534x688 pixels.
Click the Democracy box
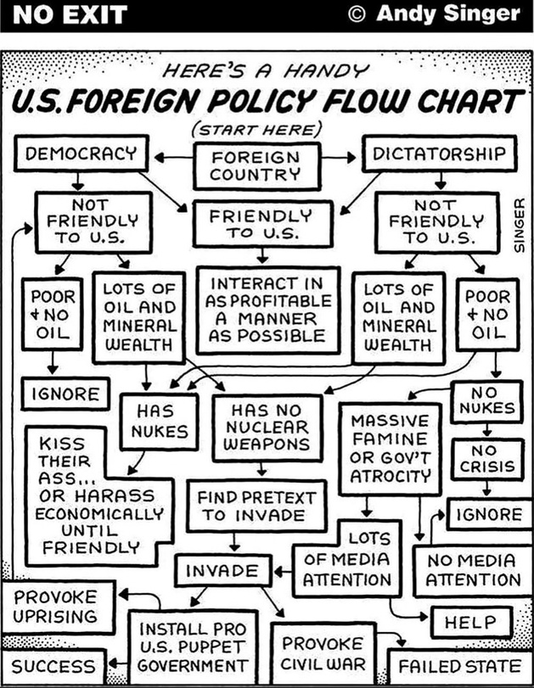[81, 154]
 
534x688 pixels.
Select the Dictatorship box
[439, 154]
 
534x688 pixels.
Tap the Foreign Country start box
[256, 165]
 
